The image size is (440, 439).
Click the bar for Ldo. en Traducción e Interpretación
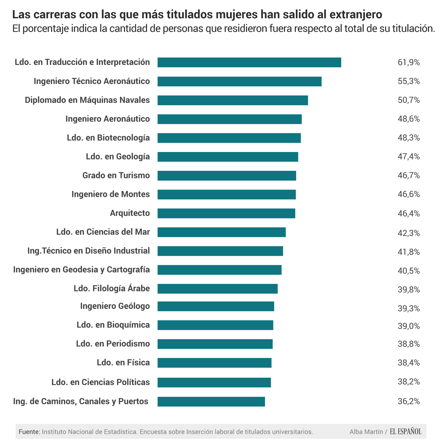pos(249,62)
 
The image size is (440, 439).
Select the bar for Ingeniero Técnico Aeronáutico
pos(239,81)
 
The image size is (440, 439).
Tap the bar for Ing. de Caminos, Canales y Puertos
pos(211,402)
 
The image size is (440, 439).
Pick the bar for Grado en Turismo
pos(227,176)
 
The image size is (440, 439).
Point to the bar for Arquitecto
pos(226,213)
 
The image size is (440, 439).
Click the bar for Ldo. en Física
pos(214,363)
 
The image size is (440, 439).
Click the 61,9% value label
pos(409,62)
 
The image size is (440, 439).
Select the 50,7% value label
pos(409,100)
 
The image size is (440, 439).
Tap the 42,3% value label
pos(409,233)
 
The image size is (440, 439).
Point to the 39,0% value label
pos(409,326)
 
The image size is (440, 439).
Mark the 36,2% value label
pos(409,401)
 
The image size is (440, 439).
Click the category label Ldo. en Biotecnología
pos(108,138)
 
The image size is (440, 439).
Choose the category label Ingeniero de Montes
pos(111,194)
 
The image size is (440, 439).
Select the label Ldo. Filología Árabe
pos(112,288)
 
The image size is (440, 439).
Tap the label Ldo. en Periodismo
pos(113,344)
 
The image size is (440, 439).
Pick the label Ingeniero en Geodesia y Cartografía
pos(82,269)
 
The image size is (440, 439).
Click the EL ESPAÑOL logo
pos(405,432)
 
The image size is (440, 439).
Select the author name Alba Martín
pos(366,432)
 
